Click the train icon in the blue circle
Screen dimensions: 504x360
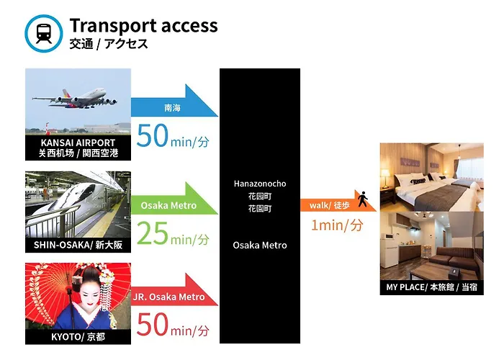44,33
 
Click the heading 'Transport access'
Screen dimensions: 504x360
144,26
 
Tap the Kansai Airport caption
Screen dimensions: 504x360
78,148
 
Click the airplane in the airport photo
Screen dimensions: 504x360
75,98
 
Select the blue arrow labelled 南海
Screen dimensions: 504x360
174,102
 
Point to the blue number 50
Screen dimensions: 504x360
153,135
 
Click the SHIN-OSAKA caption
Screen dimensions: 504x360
78,245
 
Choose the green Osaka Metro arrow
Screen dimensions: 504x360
174,199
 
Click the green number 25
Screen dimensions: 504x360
153,233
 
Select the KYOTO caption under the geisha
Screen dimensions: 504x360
78,337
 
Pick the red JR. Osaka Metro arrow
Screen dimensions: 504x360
174,290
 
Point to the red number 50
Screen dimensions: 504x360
153,324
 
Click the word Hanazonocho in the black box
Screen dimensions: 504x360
260,184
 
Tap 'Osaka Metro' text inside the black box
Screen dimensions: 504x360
260,246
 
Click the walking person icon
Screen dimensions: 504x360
363,199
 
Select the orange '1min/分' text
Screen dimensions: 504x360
337,225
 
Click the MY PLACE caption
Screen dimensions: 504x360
432,287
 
